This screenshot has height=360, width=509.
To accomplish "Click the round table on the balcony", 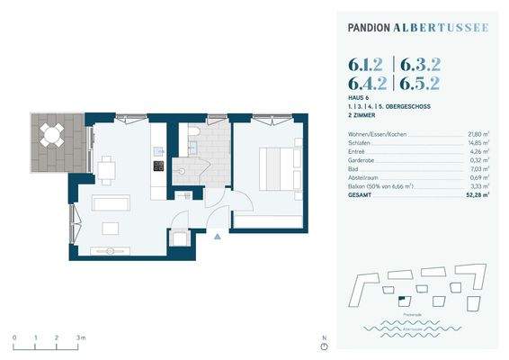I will pyautogui.click(x=51, y=136).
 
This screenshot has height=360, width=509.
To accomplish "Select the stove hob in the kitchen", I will pyautogui.click(x=158, y=166).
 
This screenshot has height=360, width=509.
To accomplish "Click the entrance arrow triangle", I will pyautogui.click(x=216, y=237).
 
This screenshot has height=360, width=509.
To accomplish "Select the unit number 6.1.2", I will pyautogui.click(x=368, y=65).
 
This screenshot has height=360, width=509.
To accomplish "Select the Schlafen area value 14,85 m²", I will pyautogui.click(x=478, y=142).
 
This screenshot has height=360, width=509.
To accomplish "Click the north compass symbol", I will pyautogui.click(x=323, y=346).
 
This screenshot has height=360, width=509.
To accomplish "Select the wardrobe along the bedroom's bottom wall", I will pyautogui.click(x=267, y=222).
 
